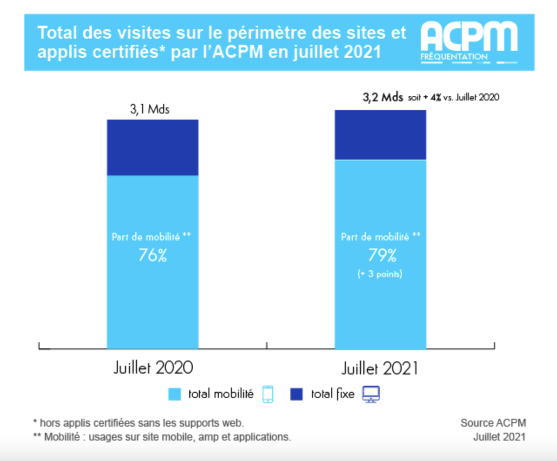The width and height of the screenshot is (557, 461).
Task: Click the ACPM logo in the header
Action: [x=469, y=42]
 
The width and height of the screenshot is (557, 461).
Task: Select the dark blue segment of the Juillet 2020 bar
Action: [x=153, y=147]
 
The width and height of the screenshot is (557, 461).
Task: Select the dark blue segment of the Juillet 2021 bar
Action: [x=380, y=135]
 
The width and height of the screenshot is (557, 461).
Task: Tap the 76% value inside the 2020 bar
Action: [x=153, y=255]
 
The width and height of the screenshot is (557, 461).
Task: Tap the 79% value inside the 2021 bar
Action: [x=382, y=255]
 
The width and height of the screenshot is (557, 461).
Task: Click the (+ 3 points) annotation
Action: [x=380, y=274]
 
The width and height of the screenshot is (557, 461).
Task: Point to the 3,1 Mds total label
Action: [x=150, y=109]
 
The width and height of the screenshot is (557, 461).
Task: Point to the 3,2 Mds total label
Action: [x=383, y=97]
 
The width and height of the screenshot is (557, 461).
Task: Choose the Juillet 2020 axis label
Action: [x=153, y=368]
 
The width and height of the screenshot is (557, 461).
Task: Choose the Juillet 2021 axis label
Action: [x=380, y=369]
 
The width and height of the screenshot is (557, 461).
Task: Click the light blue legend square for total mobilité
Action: [x=174, y=394]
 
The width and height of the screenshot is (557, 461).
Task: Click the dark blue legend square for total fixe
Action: [x=296, y=394]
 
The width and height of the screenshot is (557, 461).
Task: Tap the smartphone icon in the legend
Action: [x=268, y=394]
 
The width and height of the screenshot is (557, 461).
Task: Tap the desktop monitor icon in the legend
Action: [x=371, y=394]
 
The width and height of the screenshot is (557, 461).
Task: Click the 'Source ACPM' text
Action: [x=493, y=423]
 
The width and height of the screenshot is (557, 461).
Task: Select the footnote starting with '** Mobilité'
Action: [x=162, y=437]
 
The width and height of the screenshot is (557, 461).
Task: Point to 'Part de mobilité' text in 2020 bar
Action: [x=146, y=237]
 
